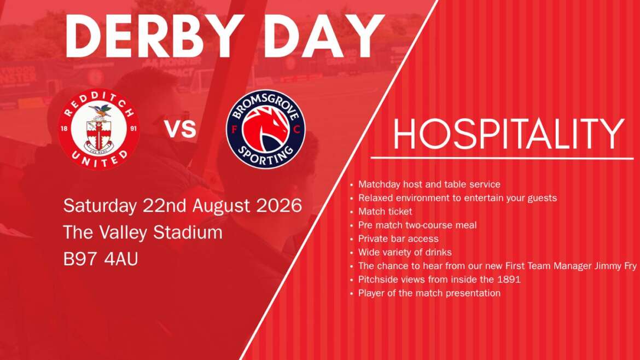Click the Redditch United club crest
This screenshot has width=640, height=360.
pyautogui.click(x=99, y=129)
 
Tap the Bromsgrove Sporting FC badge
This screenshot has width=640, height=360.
pyautogui.click(x=266, y=129)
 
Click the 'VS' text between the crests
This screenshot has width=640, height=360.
pyautogui.click(x=181, y=129)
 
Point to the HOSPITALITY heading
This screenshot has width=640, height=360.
pyautogui.click(x=509, y=133)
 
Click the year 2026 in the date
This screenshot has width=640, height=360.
pyautogui.click(x=279, y=205)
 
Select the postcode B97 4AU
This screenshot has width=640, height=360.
pyautogui.click(x=101, y=259)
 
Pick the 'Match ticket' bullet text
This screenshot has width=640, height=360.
pyautogui.click(x=385, y=211)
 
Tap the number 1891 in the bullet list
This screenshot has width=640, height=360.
pyautogui.click(x=509, y=280)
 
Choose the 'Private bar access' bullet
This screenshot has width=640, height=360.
pyautogui.click(x=398, y=239)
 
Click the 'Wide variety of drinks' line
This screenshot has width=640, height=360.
pyautogui.click(x=405, y=252)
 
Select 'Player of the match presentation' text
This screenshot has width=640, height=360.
pyautogui.click(x=429, y=293)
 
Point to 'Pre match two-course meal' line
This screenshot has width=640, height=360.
pyautogui.click(x=417, y=225)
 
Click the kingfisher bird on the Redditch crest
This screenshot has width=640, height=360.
pyautogui.click(x=101, y=110)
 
